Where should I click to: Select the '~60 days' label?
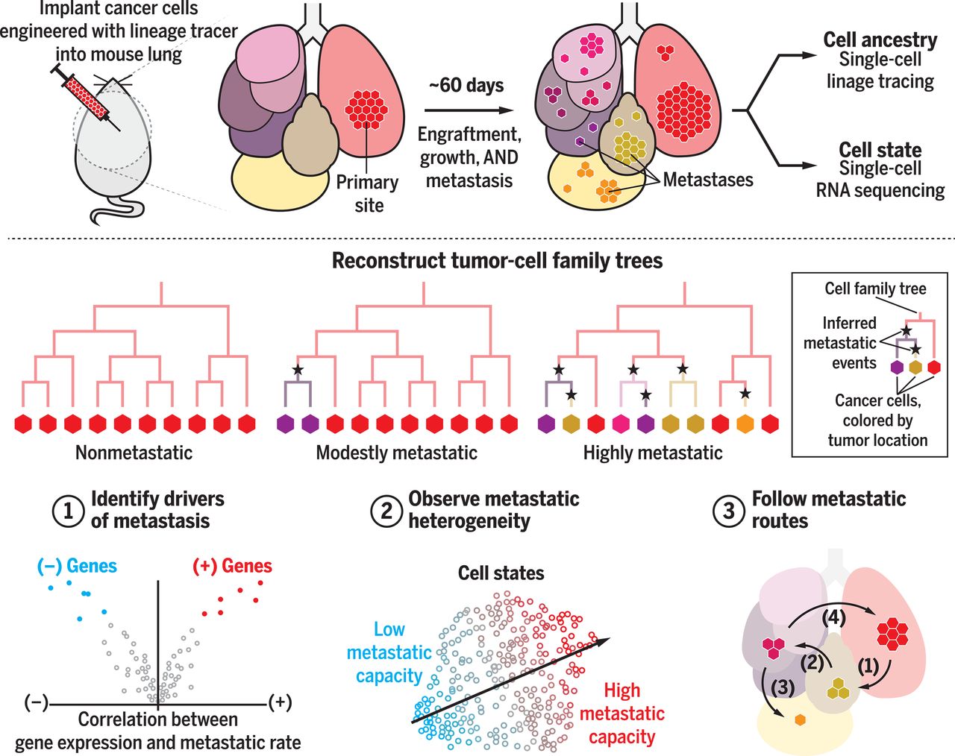pos(466,85)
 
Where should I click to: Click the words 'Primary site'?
pos(367,194)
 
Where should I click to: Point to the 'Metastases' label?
pos(708,180)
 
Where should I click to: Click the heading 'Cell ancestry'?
pos(880,40)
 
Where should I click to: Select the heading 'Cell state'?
pos(880,150)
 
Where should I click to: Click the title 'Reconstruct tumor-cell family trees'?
pos(497,261)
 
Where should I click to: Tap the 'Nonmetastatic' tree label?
pos(134,453)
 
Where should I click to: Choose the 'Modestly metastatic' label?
pos(396,453)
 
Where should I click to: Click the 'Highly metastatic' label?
pos(652,453)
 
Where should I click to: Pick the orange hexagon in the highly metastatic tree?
pos(745,424)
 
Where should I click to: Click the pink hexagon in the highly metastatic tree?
pos(621,424)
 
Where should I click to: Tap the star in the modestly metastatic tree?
pos(298,369)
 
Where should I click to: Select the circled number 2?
pos(386,511)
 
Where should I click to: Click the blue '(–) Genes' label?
pos(77,566)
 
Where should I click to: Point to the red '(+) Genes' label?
pos(233,566)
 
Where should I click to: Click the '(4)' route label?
pos(834,617)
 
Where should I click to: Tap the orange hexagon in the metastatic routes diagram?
pos(800,720)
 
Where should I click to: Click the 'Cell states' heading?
pos(501,573)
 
